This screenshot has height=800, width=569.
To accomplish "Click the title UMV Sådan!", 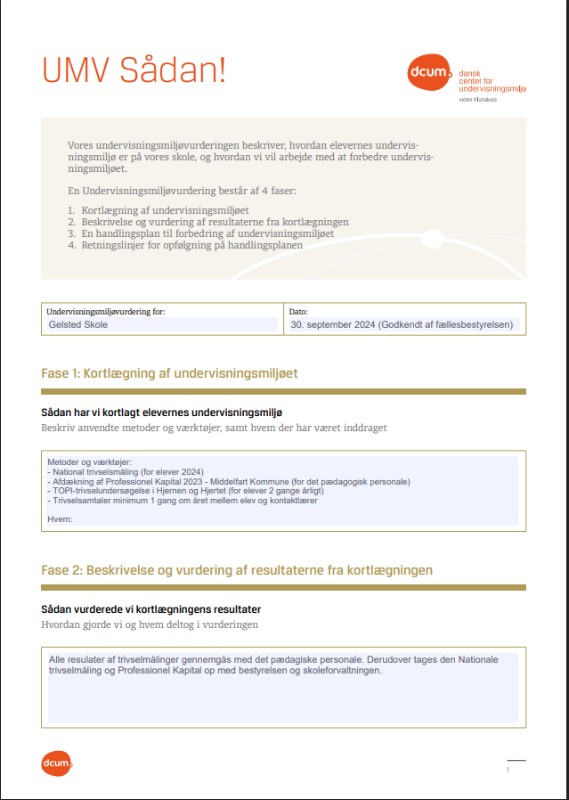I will click(134, 70).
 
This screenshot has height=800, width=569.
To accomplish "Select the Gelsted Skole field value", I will click(79, 325).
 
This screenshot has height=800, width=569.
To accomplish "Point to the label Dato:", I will click(298, 312).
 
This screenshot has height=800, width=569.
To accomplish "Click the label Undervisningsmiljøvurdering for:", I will click(105, 312).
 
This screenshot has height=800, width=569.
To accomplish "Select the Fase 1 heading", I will click(169, 373).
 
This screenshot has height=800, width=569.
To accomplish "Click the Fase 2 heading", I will click(237, 569).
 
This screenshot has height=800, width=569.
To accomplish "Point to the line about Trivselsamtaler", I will click(182, 500).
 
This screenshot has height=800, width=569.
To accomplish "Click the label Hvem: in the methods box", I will click(60, 518).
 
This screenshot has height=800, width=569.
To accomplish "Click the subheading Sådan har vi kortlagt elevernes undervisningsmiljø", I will click(162, 412).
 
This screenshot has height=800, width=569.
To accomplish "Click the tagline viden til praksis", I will click(477, 100).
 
